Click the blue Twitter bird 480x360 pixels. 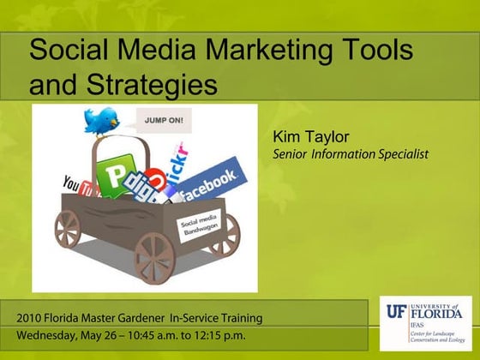point(101,121)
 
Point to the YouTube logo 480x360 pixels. point(78,183)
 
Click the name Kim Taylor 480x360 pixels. point(306,136)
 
